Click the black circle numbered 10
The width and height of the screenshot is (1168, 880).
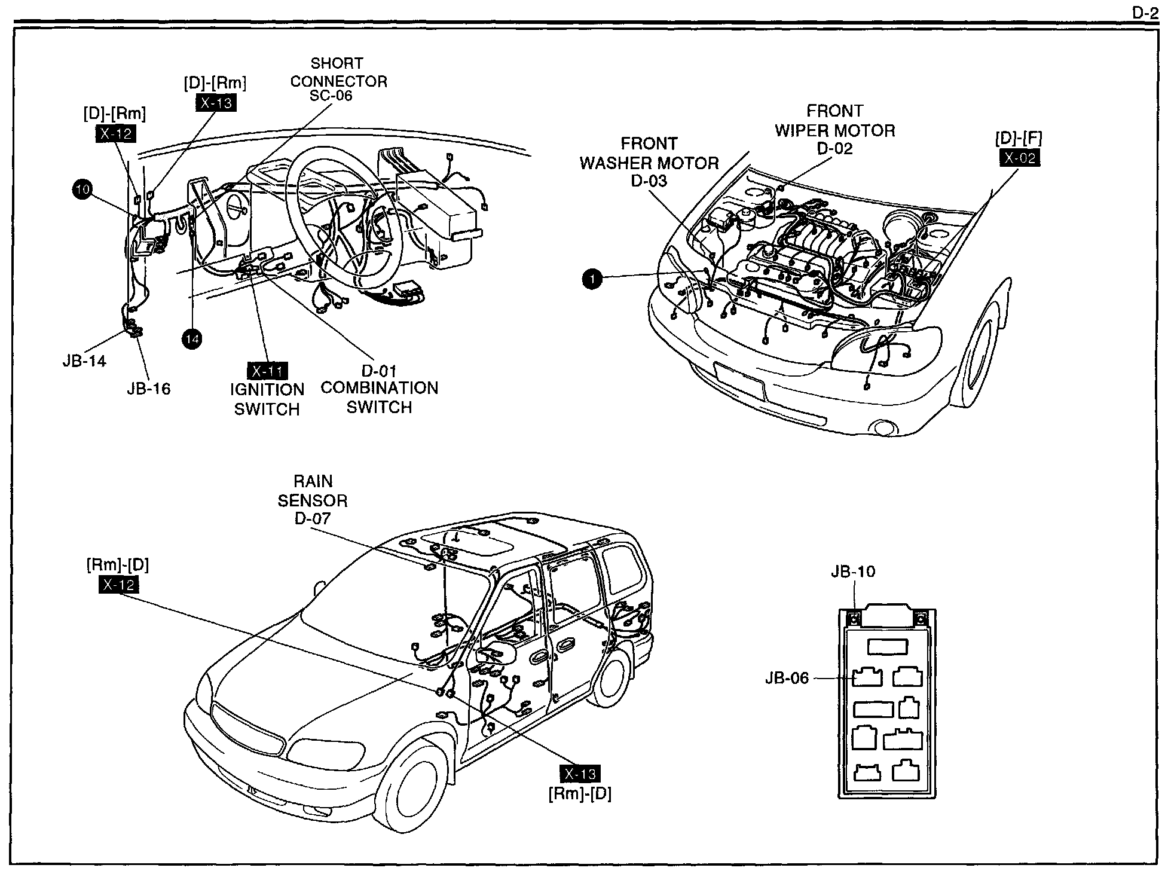point(82,190)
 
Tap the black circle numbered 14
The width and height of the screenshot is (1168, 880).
point(192,339)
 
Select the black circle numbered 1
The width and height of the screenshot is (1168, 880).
point(592,279)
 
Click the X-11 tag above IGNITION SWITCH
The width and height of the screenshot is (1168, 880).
point(267,371)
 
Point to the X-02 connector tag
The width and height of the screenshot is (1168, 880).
point(1019,158)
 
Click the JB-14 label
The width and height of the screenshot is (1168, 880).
point(84,361)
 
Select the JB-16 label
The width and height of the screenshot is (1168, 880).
point(148,389)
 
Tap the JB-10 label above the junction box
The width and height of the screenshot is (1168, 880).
point(853,572)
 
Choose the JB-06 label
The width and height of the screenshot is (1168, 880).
point(787,678)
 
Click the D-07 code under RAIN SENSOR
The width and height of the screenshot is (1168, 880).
point(312,518)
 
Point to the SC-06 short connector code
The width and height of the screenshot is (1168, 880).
point(331,96)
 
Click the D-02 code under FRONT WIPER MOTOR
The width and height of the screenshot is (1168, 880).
point(834,148)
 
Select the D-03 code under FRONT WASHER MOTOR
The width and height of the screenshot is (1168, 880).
point(649,181)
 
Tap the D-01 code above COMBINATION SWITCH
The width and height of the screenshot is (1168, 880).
point(379,371)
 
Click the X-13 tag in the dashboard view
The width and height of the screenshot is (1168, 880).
point(216,103)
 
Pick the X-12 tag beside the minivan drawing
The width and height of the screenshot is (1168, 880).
point(118,584)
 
